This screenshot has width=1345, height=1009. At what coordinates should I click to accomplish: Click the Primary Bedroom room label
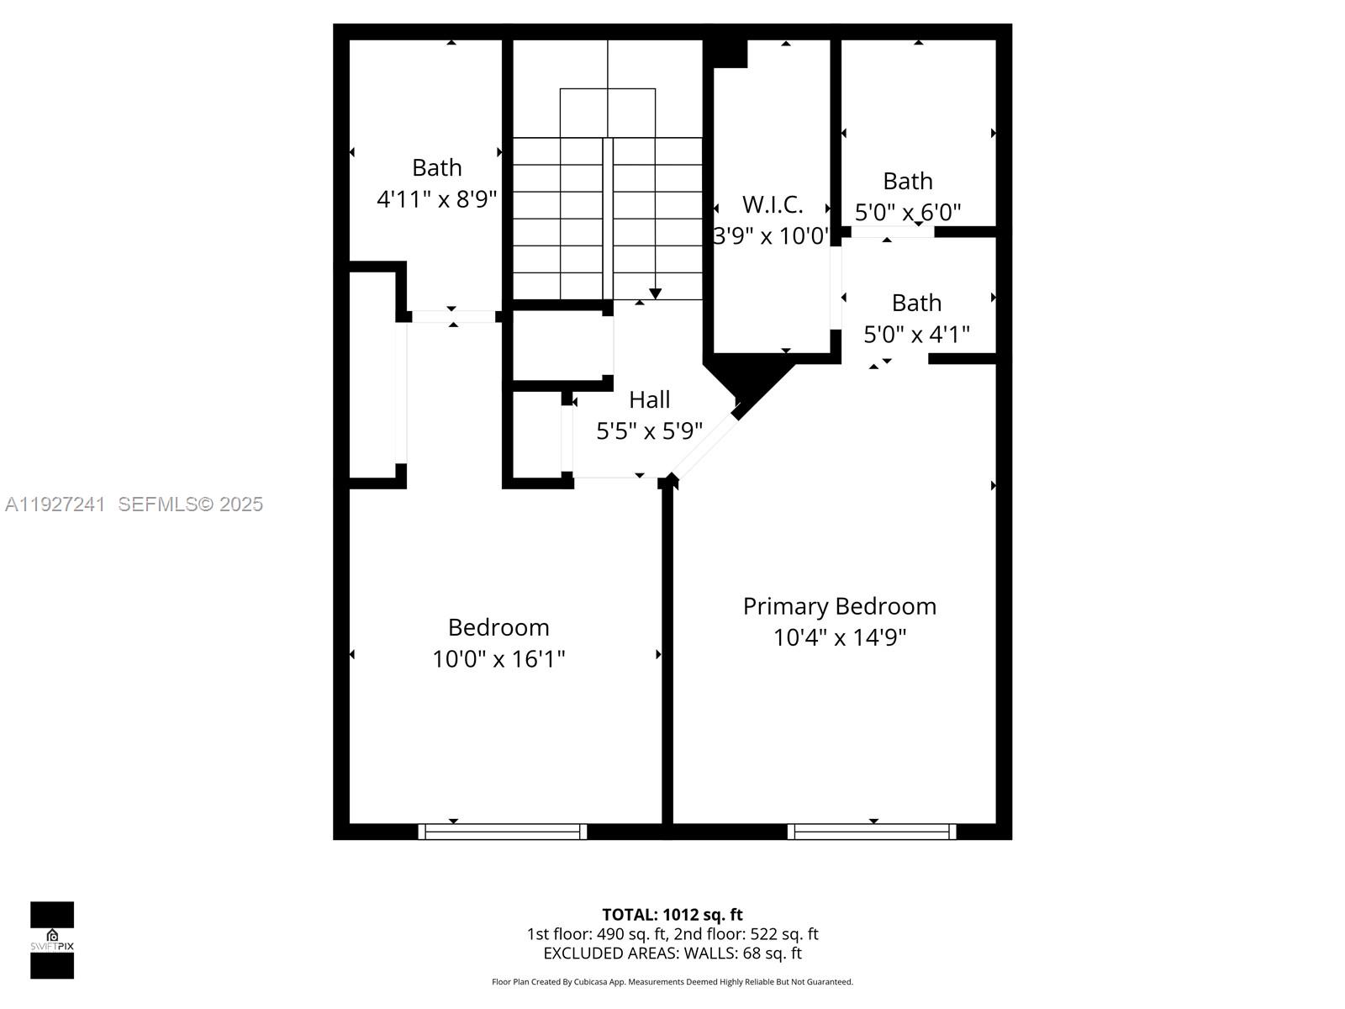point(839,606)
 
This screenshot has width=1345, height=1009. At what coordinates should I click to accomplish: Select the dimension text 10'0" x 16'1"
point(498,659)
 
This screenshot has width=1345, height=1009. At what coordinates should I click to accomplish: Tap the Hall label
point(649,399)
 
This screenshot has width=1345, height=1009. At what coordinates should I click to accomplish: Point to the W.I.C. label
point(773,204)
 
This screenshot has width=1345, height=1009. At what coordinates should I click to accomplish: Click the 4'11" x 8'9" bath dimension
point(436,199)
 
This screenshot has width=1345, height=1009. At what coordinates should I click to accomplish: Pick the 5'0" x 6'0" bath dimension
point(908,212)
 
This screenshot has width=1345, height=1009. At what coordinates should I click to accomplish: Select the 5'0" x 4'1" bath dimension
point(916,335)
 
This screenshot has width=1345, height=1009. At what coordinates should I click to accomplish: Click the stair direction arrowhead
point(655,293)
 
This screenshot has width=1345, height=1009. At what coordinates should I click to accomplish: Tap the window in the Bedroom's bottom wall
point(503,832)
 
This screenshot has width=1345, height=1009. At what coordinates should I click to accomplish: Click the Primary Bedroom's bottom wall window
point(872,832)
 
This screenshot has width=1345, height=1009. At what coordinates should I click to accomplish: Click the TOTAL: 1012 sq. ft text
point(672,915)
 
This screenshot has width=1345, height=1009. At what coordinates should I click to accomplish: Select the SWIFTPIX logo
point(52,940)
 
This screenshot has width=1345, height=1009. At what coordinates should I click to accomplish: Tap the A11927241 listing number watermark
point(55,504)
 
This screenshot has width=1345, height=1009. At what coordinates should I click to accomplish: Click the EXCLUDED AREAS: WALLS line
point(672,954)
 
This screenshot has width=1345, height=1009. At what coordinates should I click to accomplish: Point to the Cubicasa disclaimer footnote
point(672,982)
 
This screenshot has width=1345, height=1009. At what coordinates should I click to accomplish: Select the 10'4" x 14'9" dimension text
point(839,637)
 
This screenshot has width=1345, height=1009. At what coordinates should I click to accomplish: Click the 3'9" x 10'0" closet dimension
point(771,236)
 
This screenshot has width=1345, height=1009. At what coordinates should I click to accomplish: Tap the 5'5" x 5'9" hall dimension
point(649,431)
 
